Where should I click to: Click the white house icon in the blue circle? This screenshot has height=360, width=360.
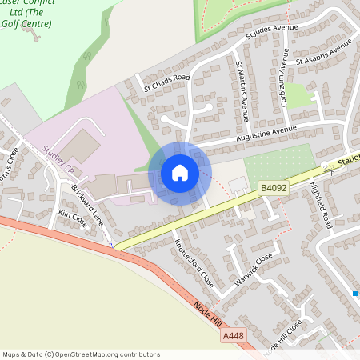tap(180, 173)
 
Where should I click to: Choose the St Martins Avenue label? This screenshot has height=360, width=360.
tap(243, 83)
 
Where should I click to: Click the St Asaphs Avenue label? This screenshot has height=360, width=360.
tap(323, 54)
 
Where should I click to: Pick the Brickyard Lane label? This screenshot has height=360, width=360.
tap(88, 203)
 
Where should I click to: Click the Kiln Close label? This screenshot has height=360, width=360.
tap(74, 219)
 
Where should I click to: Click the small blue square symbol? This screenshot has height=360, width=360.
tap(355, 294)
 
